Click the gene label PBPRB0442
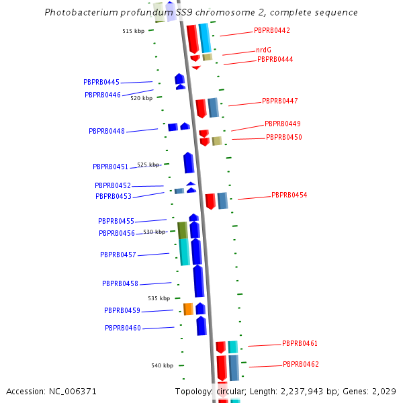point(272,31)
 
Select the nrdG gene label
point(263,50)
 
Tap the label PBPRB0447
point(280,101)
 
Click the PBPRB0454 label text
point(289,195)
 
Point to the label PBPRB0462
point(301,365)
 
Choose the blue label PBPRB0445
point(101,83)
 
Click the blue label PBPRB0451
point(110,167)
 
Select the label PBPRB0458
point(120,284)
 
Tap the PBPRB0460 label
point(123,328)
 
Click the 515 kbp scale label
point(133,32)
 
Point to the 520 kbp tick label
point(142,98)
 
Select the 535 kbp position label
point(159,298)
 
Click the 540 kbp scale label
point(162,366)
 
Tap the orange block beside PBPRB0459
point(188,309)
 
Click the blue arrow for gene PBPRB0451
point(189,163)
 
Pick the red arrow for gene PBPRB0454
point(210,201)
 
